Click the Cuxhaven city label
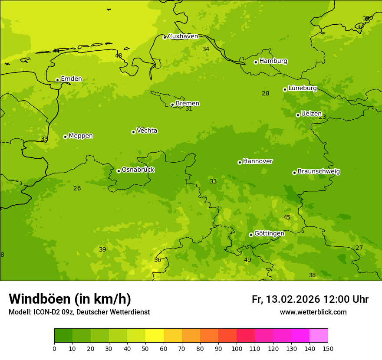(183, 36)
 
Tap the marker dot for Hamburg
(256, 62)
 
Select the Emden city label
(71, 79)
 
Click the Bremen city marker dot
(172, 105)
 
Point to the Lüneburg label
(302, 88)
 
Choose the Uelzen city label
(311, 114)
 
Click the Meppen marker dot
(65, 137)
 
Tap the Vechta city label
(147, 131)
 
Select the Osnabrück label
(138, 170)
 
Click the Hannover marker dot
(240, 162)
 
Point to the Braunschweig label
(319, 171)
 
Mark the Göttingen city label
(269, 233)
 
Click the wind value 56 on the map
(158, 260)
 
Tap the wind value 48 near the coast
(119, 56)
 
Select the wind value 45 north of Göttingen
(287, 217)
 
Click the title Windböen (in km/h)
(70, 299)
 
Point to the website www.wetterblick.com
(313, 312)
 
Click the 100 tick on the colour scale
(237, 348)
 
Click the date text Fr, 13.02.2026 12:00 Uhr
(310, 299)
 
